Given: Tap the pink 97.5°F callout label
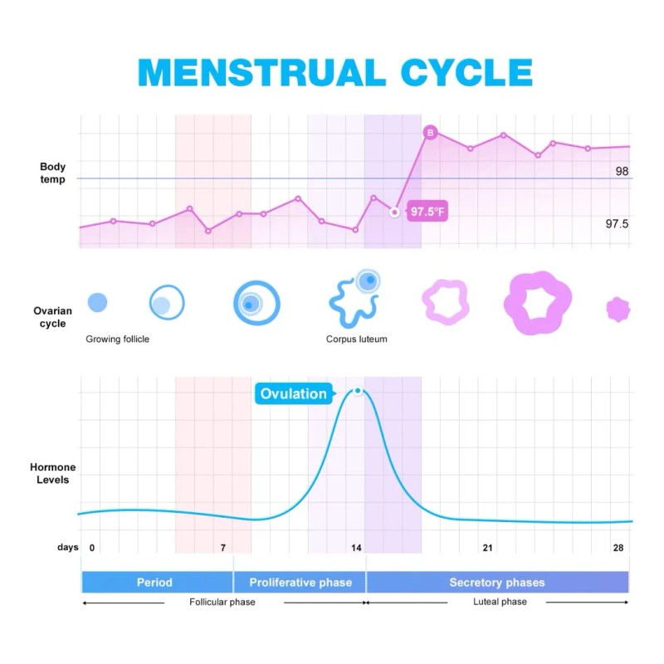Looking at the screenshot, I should click(427, 212).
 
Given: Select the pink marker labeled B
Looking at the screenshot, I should click(430, 132).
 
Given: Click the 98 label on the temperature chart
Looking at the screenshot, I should click(622, 171).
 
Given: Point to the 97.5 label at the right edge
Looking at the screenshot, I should click(617, 224).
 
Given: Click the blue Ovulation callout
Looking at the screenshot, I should click(293, 393).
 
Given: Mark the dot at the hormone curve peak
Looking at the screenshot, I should click(358, 391).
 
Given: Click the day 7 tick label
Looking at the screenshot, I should click(222, 548).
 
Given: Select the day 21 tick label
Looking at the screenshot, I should click(488, 548).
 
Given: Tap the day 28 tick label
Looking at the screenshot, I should click(618, 548).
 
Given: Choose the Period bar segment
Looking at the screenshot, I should click(155, 582).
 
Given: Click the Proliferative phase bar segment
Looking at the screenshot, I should click(300, 582).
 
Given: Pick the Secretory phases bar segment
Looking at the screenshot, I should click(497, 582).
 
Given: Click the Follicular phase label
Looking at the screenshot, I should click(222, 602).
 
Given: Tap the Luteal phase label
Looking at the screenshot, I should click(500, 602).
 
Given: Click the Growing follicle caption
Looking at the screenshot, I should click(118, 339).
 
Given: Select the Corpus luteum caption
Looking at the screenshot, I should click(356, 339).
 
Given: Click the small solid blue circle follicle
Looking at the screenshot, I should click(97, 303).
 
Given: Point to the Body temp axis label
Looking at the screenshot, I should click(53, 173).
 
